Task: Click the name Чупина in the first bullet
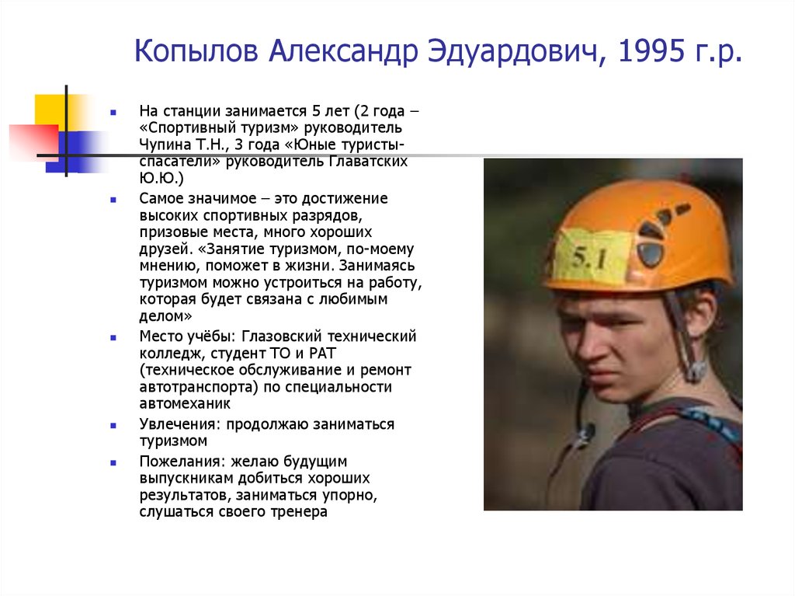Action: pyautogui.click(x=165, y=145)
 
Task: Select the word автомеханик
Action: pyautogui.click(x=185, y=404)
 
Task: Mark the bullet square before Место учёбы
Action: pyautogui.click(x=113, y=338)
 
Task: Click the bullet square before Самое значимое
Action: pyautogui.click(x=113, y=200)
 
